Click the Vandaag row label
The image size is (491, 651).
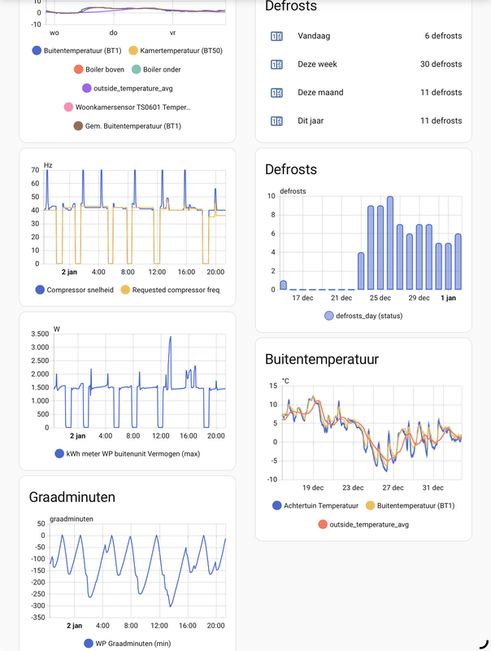click(x=314, y=36)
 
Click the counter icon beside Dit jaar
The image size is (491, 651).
click(x=276, y=120)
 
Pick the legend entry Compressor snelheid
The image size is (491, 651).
click(x=80, y=290)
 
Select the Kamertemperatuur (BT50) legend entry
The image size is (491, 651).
click(x=176, y=50)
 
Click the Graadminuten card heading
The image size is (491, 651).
click(x=72, y=497)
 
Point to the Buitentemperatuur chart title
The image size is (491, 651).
click(x=322, y=359)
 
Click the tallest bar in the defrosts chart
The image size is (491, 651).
click(x=390, y=242)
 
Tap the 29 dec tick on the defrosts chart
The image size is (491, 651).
click(x=418, y=298)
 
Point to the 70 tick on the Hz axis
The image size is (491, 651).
click(x=35, y=170)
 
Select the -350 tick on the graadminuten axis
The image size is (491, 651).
click(x=35, y=618)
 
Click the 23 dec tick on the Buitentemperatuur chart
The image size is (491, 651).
click(x=353, y=487)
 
